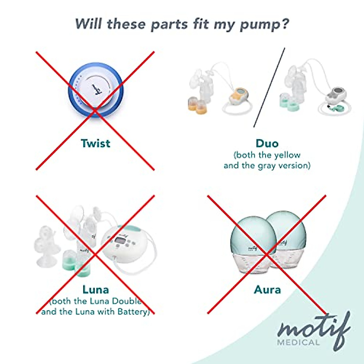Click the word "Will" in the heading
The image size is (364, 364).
click(88, 24)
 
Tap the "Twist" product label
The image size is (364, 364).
click(96, 143)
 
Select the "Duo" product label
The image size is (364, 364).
click(267, 143)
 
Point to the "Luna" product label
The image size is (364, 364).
click(96, 290)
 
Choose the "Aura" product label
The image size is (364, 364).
click(267, 290)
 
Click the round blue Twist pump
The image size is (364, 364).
click(96, 90)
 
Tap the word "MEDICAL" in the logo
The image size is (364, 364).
click(298, 342)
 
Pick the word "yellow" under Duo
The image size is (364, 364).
click(287, 155)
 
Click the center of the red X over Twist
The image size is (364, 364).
click(95, 111)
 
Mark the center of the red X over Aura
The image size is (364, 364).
click(267, 254)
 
